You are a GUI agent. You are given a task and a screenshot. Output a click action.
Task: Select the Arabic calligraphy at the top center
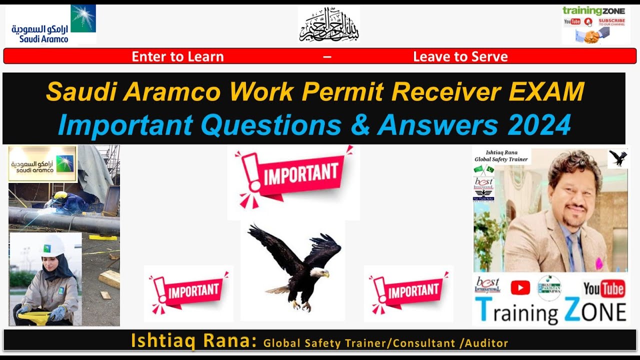329,24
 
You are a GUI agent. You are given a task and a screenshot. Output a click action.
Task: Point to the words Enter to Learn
177,56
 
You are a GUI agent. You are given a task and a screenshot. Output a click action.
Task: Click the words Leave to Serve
460,56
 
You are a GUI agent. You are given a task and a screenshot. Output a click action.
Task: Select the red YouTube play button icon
520,287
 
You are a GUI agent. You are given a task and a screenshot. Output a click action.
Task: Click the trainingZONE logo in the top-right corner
593,24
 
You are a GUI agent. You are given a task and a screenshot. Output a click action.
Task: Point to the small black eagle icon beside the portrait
617,158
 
